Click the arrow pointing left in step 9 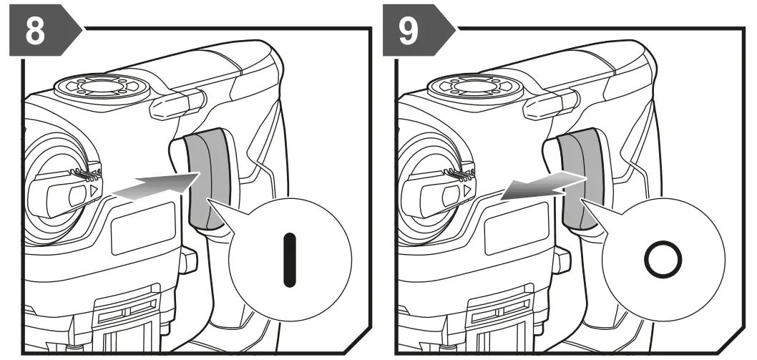pyautogui.click(x=540, y=184)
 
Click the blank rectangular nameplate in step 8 pyautogui.click(x=143, y=228)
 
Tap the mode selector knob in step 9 pyautogui.click(x=436, y=193)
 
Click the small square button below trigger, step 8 pyautogui.click(x=188, y=261)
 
